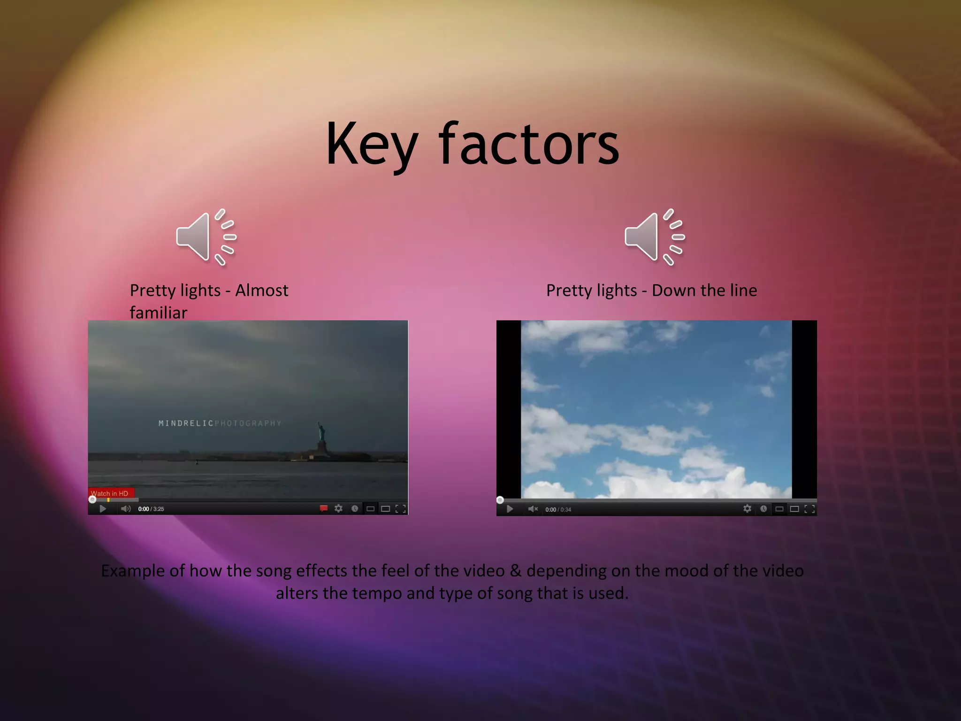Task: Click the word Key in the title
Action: tap(371, 145)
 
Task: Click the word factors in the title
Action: tap(529, 145)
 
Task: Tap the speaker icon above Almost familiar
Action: tap(206, 237)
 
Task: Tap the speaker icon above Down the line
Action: tap(654, 237)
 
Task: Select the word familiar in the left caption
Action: tap(158, 313)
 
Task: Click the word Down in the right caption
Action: tap(670, 291)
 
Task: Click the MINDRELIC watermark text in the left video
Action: tap(186, 423)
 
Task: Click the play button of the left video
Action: tap(103, 509)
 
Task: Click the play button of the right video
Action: tap(510, 509)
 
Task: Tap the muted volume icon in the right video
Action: tap(533, 509)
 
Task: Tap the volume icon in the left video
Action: tap(125, 509)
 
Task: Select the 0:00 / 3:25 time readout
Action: tap(151, 509)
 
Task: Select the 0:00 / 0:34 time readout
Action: tap(558, 510)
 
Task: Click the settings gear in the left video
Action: tap(338, 509)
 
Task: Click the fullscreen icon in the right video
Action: tap(809, 509)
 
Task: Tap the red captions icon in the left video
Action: tap(323, 508)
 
